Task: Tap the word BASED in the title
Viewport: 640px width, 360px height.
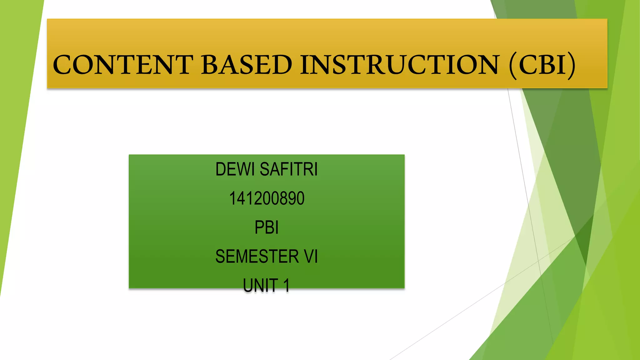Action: coord(247,65)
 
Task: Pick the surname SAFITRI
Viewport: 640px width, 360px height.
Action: coord(289,169)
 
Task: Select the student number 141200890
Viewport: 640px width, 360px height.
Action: coord(267,198)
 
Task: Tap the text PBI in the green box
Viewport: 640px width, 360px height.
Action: coord(267,227)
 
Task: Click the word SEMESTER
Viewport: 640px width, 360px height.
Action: coord(257,257)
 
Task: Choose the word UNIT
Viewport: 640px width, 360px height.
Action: coord(261,286)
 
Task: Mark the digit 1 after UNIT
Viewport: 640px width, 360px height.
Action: coord(286,286)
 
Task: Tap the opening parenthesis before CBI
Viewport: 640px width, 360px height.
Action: coord(513,65)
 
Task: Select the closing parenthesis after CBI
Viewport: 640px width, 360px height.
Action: coord(571,65)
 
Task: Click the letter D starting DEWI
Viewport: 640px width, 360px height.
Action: coord(221,169)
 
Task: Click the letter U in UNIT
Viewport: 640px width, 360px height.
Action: coord(248,286)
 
